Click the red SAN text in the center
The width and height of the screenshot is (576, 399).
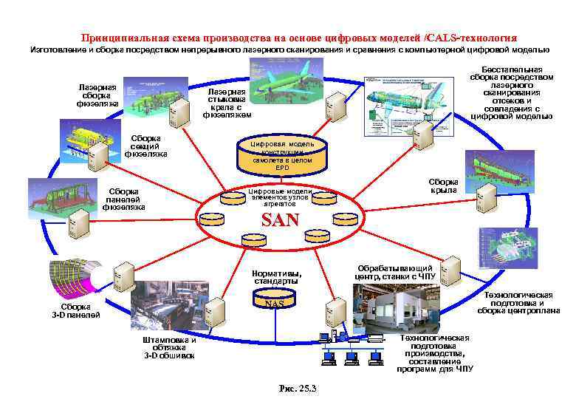[x=281, y=219]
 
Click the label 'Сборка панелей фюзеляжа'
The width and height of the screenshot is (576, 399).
[x=123, y=199]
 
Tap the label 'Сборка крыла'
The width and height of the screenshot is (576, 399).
[x=443, y=185]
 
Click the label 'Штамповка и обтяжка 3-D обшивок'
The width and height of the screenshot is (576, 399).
[x=169, y=348]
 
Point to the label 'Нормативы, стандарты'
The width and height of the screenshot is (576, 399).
[x=276, y=277]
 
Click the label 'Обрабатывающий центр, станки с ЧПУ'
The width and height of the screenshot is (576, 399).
[x=394, y=273]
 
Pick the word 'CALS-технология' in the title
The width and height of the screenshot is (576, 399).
[x=473, y=37]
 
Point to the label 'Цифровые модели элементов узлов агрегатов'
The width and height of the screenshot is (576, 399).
[x=279, y=197]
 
